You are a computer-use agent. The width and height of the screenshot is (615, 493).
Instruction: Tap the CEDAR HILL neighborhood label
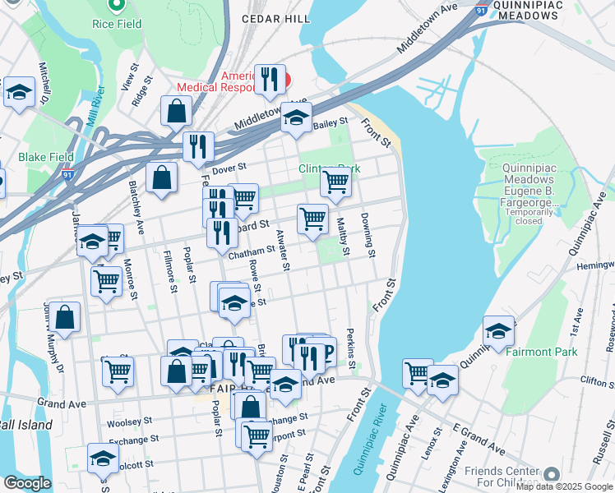275,18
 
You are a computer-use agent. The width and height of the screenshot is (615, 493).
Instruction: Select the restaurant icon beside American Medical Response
270,80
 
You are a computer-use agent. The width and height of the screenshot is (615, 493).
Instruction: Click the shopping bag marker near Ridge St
176,111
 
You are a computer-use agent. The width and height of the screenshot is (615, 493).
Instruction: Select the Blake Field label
47,157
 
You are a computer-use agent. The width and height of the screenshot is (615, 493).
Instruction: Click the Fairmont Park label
543,352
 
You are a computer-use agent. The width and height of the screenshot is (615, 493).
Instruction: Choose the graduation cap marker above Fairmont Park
498,331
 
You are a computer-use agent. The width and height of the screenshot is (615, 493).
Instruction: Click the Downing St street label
367,234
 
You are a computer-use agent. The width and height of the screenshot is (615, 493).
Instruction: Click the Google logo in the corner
26,483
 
